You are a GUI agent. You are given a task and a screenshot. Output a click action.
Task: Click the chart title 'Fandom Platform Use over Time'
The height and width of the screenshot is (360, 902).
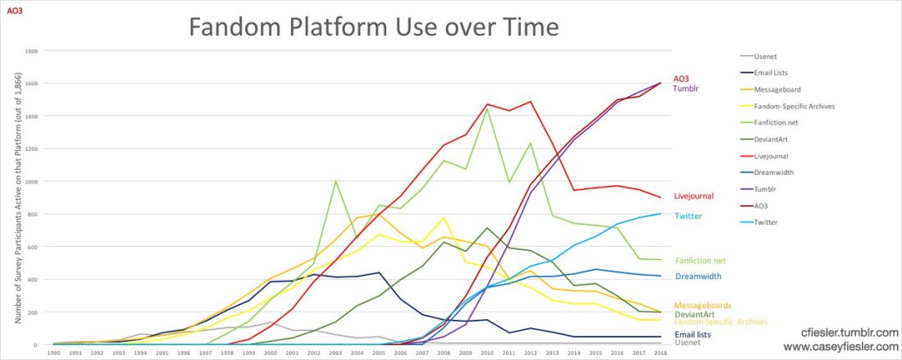point(374,27)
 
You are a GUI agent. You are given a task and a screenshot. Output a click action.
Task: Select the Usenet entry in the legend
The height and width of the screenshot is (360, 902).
point(766,57)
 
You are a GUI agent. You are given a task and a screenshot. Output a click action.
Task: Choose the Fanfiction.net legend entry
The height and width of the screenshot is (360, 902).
point(776,123)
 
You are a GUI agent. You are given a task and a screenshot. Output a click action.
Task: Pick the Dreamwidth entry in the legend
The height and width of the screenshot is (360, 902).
point(773,172)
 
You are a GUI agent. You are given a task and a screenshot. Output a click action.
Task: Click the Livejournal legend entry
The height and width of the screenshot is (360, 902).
point(772,156)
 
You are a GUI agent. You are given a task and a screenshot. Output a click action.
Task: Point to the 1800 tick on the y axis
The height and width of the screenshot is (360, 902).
point(32,51)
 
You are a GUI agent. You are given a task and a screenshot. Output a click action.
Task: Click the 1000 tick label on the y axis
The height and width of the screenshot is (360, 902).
point(32,181)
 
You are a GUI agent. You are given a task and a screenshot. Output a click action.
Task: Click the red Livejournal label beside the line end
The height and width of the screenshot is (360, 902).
point(694,196)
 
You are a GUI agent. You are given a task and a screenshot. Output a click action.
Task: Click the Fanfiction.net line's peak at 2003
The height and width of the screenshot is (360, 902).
point(335,181)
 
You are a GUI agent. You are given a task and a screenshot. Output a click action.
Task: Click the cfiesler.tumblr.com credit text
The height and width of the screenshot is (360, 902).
point(849,334)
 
